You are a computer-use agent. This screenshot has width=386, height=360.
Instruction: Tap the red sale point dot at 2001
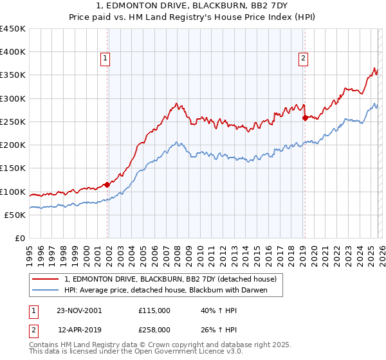[x=107, y=185]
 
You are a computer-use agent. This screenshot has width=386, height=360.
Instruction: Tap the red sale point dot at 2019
[x=305, y=118]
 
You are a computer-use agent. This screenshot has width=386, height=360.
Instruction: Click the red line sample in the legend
[x=46, y=279]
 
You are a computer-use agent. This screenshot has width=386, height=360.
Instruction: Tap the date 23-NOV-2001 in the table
[x=79, y=310]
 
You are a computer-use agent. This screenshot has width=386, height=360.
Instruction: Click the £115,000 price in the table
[x=154, y=310]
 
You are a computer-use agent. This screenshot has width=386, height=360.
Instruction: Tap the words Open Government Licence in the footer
[x=182, y=352]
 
